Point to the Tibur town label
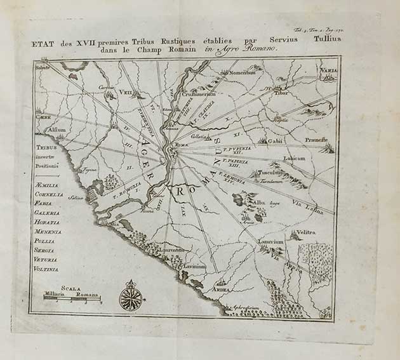click(x=281, y=92)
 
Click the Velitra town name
click(x=305, y=233)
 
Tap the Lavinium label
click(x=194, y=267)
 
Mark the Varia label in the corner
click(x=328, y=70)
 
